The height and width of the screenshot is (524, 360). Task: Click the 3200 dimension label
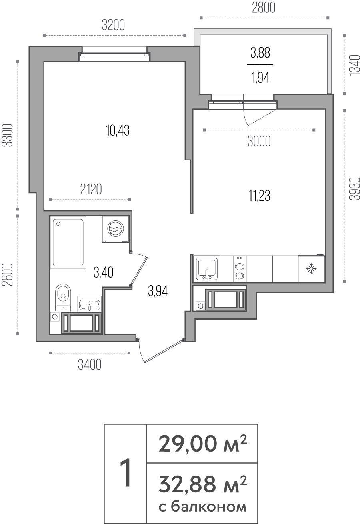[x=114, y=26]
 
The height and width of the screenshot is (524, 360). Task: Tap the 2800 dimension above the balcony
[x=264, y=8]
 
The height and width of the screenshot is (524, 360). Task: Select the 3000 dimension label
[x=259, y=141]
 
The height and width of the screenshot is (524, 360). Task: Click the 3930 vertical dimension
[x=352, y=189]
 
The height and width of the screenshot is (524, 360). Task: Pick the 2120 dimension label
[x=91, y=189]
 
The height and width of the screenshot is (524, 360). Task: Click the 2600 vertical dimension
[x=7, y=275]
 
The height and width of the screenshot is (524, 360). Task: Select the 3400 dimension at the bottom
[x=89, y=364]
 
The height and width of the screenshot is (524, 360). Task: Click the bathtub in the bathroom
[x=68, y=242]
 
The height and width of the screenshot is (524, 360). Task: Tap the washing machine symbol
[x=115, y=229]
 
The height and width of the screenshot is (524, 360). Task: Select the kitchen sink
[x=206, y=269]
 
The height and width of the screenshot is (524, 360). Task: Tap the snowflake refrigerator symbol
[x=311, y=269]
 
